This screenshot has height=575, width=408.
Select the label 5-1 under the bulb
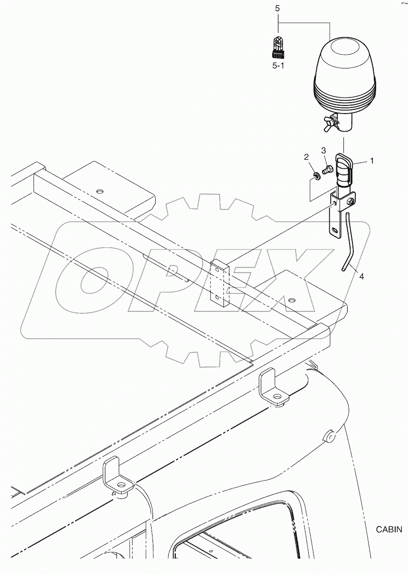tap(278, 66)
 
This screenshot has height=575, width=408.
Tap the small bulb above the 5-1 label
tap(278, 47)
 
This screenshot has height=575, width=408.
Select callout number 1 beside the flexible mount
tap(372, 161)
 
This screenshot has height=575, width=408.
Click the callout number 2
tap(307, 157)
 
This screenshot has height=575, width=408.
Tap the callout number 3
tap(324, 151)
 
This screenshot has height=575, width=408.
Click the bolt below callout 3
tap(327, 169)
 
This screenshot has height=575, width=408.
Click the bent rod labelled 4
tap(349, 242)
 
